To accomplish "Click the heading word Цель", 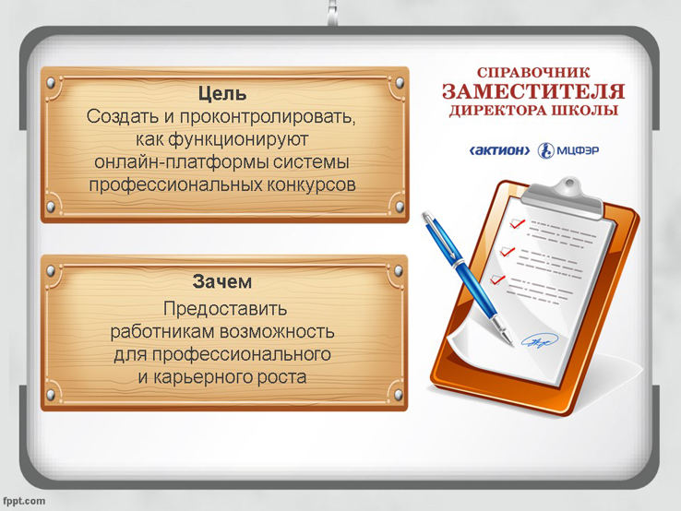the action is tap(222, 93).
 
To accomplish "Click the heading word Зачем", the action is tap(222, 281).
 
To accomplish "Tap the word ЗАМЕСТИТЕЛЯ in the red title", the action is tap(533, 91).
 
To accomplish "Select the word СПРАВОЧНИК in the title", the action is tap(533, 72).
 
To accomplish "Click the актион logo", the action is tap(500, 150).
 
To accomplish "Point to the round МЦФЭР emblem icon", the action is tap(545, 150).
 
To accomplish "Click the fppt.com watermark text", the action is tap(23, 501).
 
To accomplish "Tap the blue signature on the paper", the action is tap(539, 340).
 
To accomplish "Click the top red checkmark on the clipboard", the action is tap(518, 223).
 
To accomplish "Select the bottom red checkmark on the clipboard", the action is tap(497, 279).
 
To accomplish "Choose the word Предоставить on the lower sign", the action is tap(225, 309).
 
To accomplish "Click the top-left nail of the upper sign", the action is tap(52, 82).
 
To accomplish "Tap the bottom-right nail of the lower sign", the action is tap(398, 395).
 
